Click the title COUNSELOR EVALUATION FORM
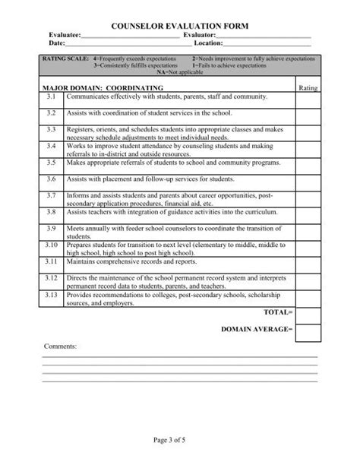[180, 25]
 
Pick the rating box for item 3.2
[308, 112]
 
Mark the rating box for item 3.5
[308, 163]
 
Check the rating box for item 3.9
[308, 230]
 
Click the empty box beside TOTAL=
[308, 313]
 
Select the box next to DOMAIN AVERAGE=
[308, 331]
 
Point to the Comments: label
[60, 346]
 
